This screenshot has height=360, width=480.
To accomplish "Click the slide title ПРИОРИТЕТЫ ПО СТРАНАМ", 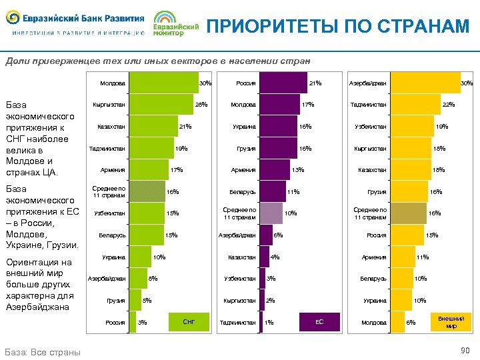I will click(338, 26).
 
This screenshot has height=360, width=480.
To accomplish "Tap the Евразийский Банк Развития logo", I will click(76, 23).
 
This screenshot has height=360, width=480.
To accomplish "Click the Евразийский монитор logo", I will click(176, 24).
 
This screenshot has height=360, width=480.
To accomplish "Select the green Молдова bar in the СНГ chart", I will click(163, 83).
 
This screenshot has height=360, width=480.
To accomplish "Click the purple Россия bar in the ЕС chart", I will click(283, 83).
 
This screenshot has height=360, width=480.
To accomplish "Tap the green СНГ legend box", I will click(189, 322).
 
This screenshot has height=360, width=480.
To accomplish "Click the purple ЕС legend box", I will click(319, 322).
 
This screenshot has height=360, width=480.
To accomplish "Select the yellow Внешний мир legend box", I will click(451, 322).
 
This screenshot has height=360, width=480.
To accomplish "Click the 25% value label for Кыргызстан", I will click(201, 105).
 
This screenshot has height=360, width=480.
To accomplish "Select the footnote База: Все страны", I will click(43, 351).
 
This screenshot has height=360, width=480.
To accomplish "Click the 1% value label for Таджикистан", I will click(269, 323).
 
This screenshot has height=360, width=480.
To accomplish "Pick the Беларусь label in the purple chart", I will click(243, 192).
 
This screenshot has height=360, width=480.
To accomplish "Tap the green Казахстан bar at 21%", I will click(153, 127).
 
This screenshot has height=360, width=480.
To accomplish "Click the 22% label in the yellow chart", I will click(449, 105).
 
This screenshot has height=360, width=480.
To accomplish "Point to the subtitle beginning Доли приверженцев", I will click(157, 60).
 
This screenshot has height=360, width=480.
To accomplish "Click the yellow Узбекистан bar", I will click(411, 127).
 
